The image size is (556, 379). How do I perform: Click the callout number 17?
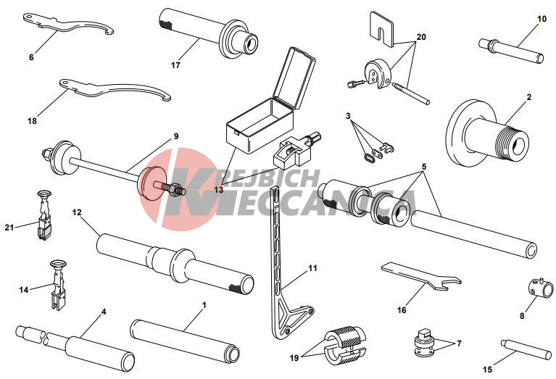click(175, 65)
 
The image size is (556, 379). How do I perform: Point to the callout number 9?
click(176, 136)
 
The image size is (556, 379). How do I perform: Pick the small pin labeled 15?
click(526, 349)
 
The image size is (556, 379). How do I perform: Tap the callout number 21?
click(9, 228)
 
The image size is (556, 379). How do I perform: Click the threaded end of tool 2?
click(513, 143)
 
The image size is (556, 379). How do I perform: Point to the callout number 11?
click(312, 268)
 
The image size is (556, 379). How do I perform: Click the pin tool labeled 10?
click(511, 51)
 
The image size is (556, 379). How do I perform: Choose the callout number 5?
click(424, 167)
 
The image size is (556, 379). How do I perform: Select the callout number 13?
click(219, 190)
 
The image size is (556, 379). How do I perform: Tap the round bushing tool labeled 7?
click(425, 343)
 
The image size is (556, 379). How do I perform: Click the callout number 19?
click(294, 358)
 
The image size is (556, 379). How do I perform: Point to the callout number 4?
click(104, 312)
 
